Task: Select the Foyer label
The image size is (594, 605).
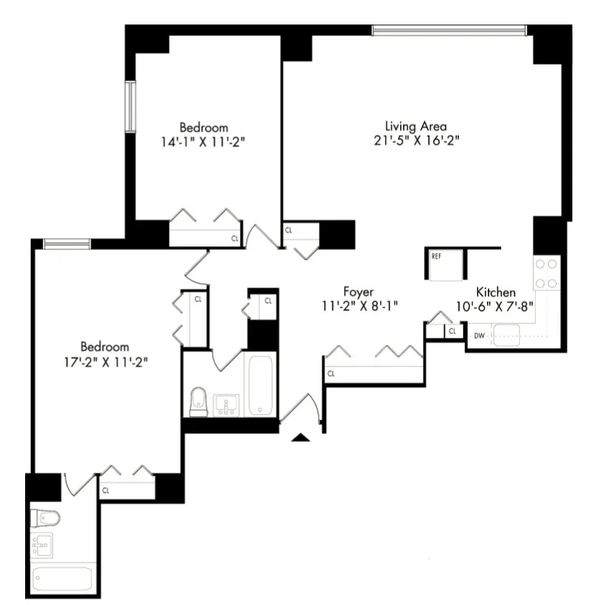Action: tap(358, 292)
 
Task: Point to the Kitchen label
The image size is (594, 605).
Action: tap(496, 292)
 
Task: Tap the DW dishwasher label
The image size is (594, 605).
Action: tap(479, 335)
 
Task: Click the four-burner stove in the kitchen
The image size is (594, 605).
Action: tap(547, 274)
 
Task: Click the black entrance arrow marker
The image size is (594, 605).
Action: tap(301, 436)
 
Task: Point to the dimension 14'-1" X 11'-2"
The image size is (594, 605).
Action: tap(203, 142)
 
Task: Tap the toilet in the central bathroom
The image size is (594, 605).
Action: tap(199, 402)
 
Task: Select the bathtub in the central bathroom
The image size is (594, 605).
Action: tap(259, 384)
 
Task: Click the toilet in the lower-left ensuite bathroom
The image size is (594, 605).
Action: tap(47, 517)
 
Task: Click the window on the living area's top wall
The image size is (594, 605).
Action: tap(449, 30)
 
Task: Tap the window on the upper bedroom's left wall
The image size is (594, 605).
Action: tap(130, 107)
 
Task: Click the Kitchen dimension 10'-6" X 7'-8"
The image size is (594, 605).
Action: tap(496, 306)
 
